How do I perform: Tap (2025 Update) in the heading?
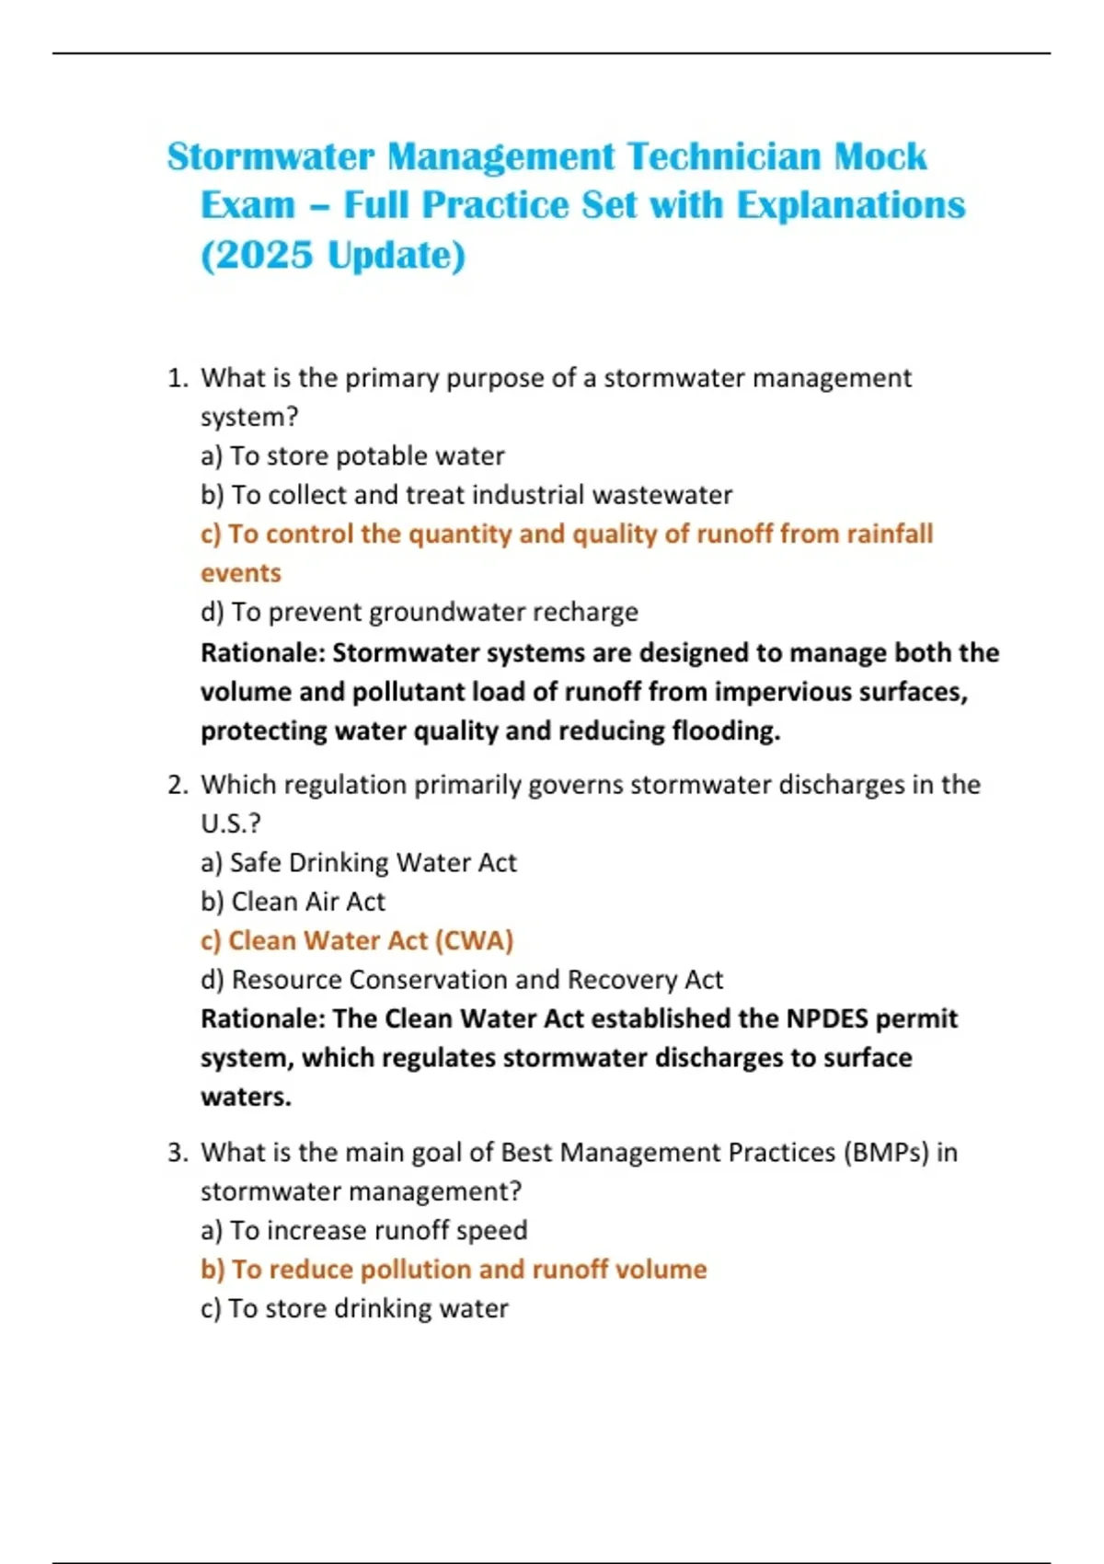coord(333,255)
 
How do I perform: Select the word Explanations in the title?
coord(851,205)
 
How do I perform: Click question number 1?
coord(178,378)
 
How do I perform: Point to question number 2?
coord(178,785)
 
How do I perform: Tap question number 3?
coord(178,1153)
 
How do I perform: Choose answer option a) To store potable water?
coord(352,456)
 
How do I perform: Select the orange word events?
coord(241,573)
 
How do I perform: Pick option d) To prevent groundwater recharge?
coord(420,612)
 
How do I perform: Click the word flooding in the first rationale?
coord(726,730)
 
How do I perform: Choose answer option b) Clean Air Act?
coord(293,902)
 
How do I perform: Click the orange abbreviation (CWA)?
coord(474,941)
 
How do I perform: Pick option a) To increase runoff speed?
coord(364,1231)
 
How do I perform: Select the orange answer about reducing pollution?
coord(454,1270)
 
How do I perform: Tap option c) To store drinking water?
coord(354,1308)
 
